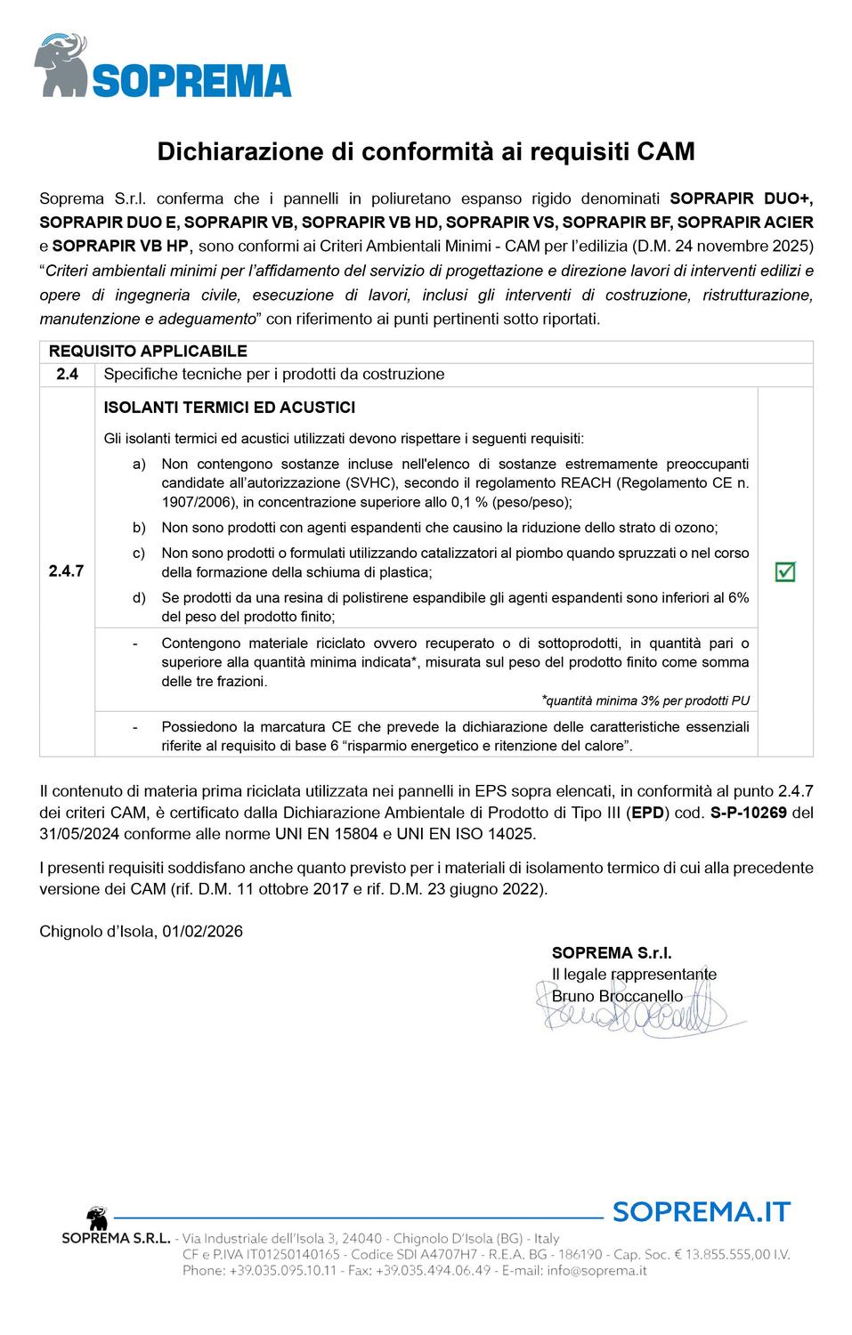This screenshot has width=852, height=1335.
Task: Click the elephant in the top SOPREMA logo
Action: pos(61,65)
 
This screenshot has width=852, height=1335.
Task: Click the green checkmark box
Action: pos(785,571)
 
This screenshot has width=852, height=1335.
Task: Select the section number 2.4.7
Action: pos(67,571)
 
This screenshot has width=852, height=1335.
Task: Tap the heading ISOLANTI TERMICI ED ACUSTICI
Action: pos(230,408)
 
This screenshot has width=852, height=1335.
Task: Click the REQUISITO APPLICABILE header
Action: pos(148,352)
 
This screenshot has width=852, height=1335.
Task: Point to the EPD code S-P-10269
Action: pos(748,813)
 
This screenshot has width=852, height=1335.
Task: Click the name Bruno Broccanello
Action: pos(617,996)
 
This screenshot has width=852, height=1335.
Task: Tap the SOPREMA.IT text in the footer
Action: pos(702,1211)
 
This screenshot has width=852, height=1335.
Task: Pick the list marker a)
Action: pos(139,464)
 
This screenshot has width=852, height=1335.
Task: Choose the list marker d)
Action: pos(139,597)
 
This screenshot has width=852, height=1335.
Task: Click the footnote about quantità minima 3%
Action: pos(645,700)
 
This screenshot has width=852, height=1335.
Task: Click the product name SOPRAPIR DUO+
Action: pos(741,198)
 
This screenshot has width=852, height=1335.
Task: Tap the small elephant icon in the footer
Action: pos(96,1218)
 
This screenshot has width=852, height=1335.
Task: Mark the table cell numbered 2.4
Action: pos(67,374)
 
